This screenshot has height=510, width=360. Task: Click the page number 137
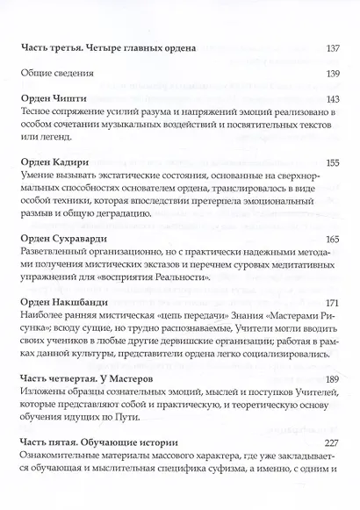[332, 48]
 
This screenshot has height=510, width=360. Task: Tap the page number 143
[332, 102]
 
